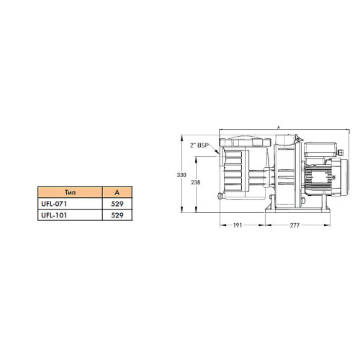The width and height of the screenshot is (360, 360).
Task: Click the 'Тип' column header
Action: [70, 192]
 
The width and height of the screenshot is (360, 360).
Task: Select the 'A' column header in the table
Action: [117, 192]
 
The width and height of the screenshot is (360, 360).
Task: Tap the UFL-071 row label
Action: [54, 204]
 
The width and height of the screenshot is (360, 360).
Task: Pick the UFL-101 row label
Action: [54, 215]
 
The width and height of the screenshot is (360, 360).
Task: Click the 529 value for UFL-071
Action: [117, 204]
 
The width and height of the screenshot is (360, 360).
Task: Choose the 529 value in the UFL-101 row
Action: [117, 215]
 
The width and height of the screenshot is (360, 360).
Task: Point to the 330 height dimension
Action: [181, 175]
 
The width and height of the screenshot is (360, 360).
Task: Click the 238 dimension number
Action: [196, 182]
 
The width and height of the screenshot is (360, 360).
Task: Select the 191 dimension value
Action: [238, 225]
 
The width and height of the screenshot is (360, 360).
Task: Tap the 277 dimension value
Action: [294, 225]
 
